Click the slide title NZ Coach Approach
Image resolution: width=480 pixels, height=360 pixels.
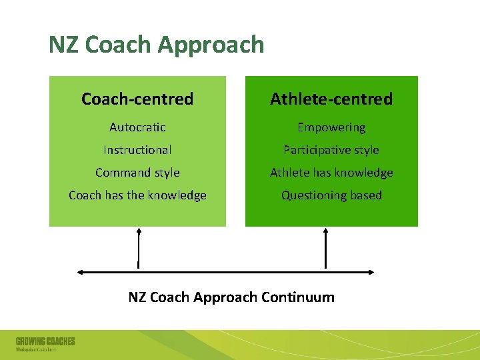(x=156, y=45)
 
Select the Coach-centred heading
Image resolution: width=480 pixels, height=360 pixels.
(x=137, y=99)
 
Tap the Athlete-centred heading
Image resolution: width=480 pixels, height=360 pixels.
(x=331, y=99)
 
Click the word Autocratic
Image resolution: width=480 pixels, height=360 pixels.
(x=137, y=127)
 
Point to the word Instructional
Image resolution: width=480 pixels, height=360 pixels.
(x=137, y=150)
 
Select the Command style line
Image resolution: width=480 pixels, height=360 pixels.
(x=137, y=173)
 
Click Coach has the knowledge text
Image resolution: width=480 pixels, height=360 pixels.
(x=137, y=195)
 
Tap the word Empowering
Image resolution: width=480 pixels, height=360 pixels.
(x=331, y=127)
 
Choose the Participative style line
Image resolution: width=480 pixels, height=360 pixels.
(x=331, y=150)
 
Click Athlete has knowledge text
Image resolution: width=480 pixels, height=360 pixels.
(x=331, y=173)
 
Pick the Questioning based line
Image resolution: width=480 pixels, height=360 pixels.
(x=331, y=195)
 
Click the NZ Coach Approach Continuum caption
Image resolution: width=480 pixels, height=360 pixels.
(x=231, y=297)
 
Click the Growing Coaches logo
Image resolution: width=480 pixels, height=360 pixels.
(x=45, y=344)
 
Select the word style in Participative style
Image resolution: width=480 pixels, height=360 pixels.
(x=366, y=150)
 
